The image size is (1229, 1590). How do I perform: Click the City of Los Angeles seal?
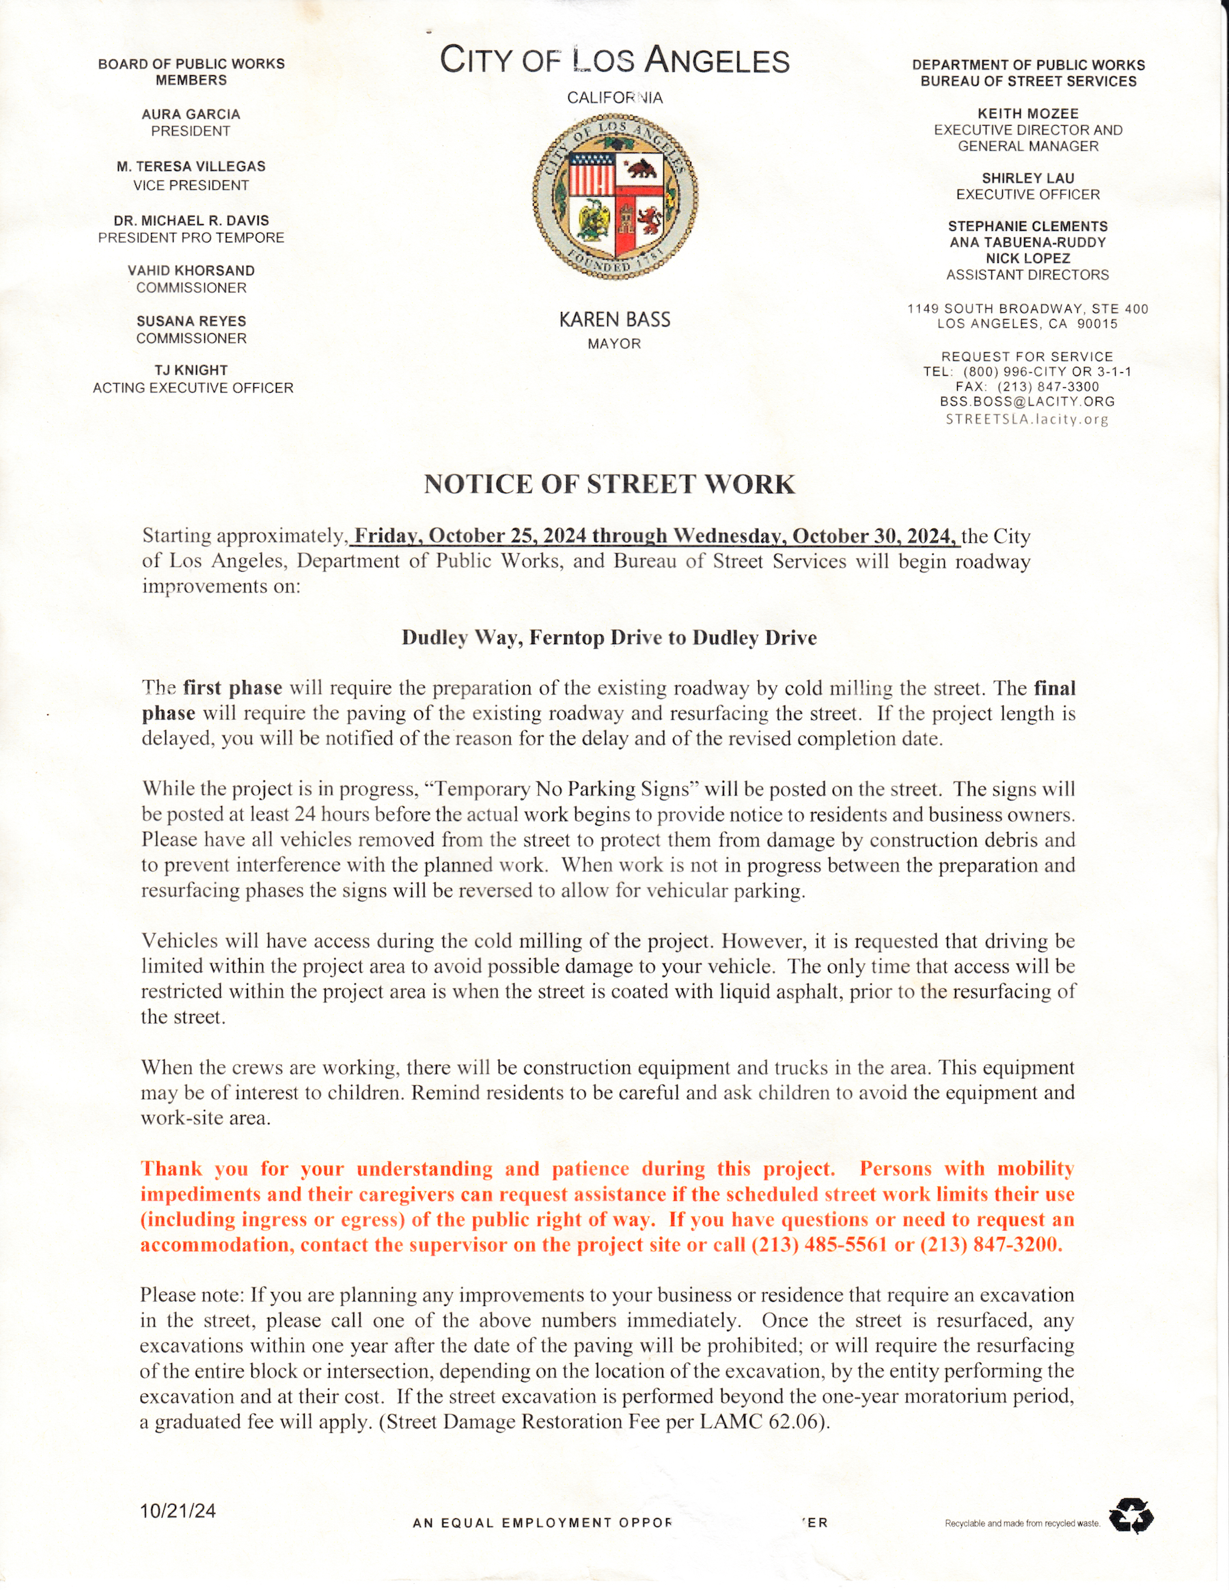pyautogui.click(x=615, y=198)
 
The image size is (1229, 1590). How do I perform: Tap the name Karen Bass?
pyautogui.click(x=615, y=320)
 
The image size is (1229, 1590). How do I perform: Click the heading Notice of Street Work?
pyautogui.click(x=609, y=485)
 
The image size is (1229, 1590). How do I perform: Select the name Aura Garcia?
pyautogui.click(x=191, y=114)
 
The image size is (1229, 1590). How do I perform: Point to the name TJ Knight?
pyautogui.click(x=191, y=371)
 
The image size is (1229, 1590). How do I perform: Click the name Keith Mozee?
pyautogui.click(x=1028, y=113)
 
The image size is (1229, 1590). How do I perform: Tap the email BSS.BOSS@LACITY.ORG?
pyautogui.click(x=1027, y=402)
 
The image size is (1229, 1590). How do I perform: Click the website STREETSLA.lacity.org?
pyautogui.click(x=1027, y=419)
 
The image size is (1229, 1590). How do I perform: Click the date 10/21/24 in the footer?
pyautogui.click(x=178, y=1511)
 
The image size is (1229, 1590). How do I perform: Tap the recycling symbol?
pyautogui.click(x=1131, y=1516)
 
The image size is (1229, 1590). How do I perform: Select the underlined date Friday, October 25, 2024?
pyautogui.click(x=470, y=537)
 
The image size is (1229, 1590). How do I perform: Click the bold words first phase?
pyautogui.click(x=232, y=688)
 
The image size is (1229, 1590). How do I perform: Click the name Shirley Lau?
pyautogui.click(x=1027, y=178)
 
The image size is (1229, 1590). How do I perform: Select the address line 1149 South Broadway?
pyautogui.click(x=1027, y=309)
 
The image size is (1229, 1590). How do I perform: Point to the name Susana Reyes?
pyautogui.click(x=191, y=321)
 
